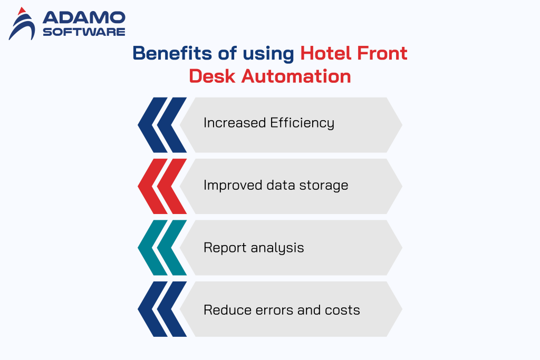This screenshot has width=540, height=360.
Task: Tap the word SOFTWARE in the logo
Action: point(83,32)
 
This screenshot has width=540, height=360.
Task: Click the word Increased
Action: point(235,123)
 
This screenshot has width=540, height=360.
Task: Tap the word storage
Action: point(325,186)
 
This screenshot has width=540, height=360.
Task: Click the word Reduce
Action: point(223,309)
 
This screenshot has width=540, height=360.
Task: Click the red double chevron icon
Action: point(162,186)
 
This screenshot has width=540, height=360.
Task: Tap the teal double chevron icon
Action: point(162,248)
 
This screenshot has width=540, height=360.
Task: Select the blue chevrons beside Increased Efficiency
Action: point(162,124)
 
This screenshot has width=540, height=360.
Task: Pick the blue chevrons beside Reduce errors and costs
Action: point(162,309)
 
